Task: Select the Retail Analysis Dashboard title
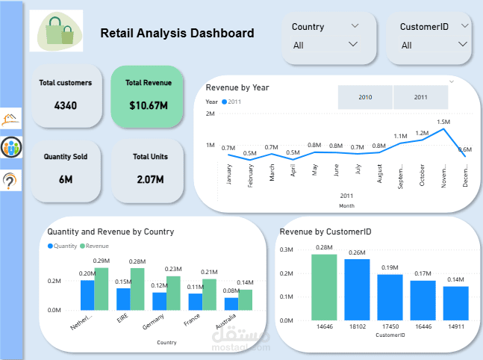pos(177,33)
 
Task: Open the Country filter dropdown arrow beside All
pos(354,44)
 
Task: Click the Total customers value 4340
pos(66,106)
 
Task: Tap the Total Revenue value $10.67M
pos(148,106)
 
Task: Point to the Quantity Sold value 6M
pos(66,179)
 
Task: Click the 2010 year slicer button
pos(365,97)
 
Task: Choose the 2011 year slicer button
pos(420,97)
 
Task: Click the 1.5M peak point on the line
pos(445,129)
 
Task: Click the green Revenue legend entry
pos(94,246)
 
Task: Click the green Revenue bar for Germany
pos(173,293)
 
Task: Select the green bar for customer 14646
pos(324,288)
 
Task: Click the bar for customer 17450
pos(390,297)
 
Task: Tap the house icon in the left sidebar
pos(12,118)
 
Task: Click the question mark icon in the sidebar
pos(12,180)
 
